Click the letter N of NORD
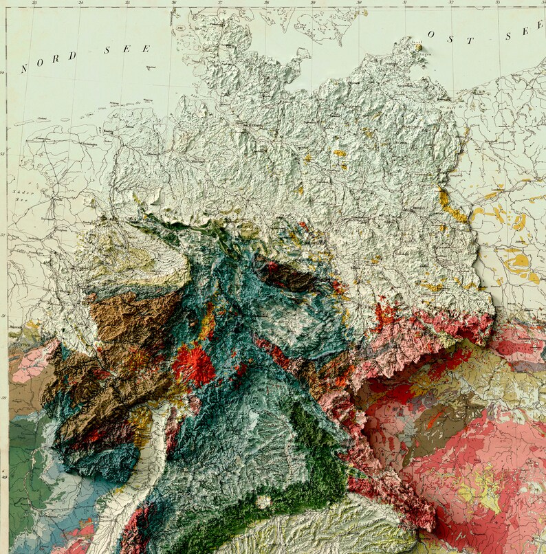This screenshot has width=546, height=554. tap(24, 68)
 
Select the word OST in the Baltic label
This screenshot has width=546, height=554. tap(451, 37)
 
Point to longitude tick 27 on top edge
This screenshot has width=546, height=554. tap(219, 3)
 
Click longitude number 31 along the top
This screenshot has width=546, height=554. tap(404, 3)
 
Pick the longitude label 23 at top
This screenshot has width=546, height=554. tap(34, 3)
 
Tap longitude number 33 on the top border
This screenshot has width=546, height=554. tap(497, 3)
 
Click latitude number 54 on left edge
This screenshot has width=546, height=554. tap(3, 72)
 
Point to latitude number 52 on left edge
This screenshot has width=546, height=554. tap(3, 235)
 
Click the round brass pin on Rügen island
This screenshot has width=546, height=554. tap(417, 48)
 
